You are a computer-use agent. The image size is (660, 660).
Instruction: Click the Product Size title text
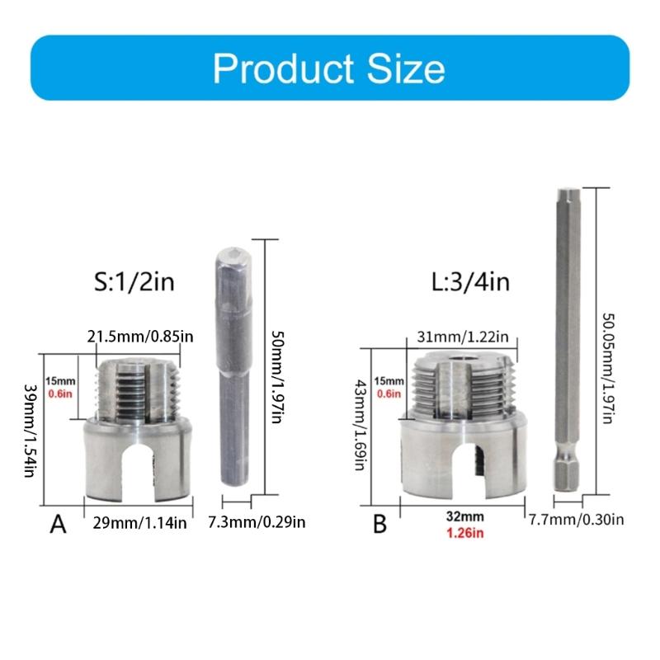(x=328, y=68)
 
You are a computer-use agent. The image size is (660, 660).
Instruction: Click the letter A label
(x=58, y=524)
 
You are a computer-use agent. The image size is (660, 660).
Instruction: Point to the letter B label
(x=379, y=524)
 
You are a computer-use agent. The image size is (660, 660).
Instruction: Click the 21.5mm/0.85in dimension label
(x=141, y=336)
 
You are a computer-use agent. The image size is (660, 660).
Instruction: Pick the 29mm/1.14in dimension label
(x=139, y=521)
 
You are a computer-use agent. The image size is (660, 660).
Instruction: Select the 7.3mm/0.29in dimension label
(x=257, y=521)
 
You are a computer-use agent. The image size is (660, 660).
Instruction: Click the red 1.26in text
(x=464, y=533)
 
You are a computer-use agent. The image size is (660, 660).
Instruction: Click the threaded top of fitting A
(x=138, y=388)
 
